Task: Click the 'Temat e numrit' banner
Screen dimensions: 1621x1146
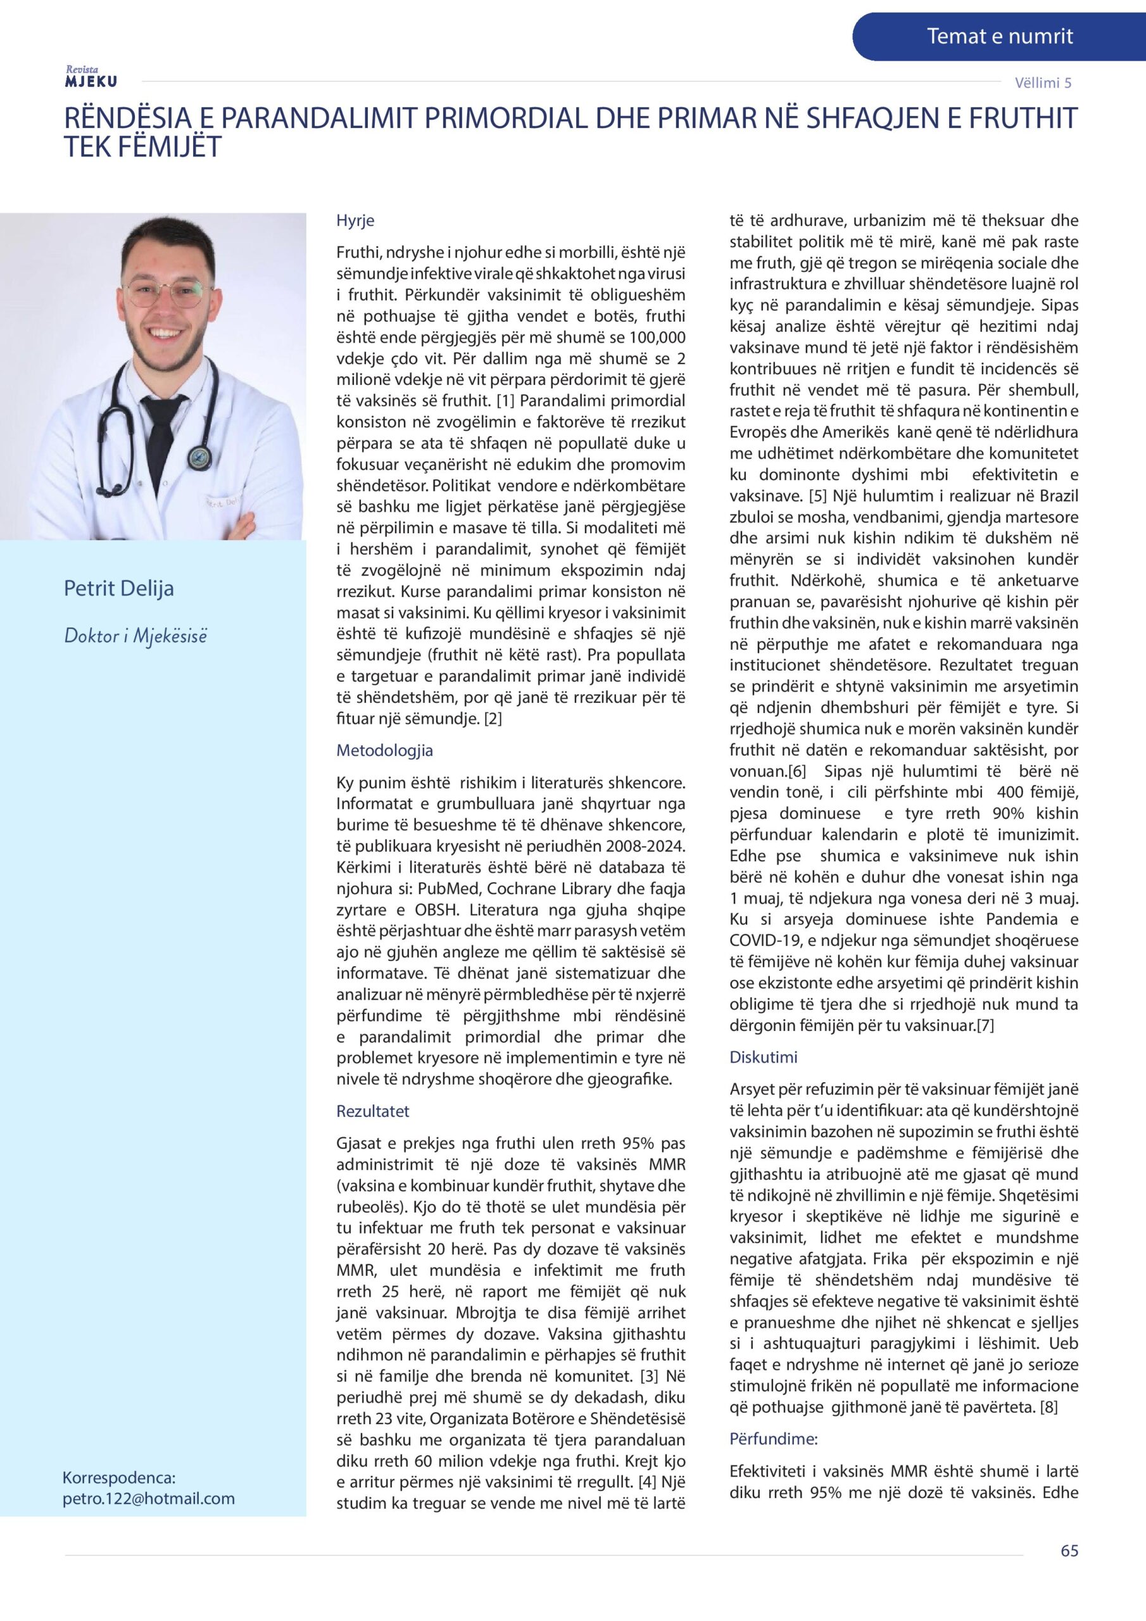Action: point(999,37)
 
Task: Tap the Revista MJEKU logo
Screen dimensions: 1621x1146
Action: point(91,77)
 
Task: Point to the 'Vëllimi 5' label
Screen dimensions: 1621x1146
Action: point(1043,82)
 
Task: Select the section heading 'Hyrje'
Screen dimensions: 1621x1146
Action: point(355,220)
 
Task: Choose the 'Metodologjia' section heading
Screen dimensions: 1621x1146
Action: point(384,750)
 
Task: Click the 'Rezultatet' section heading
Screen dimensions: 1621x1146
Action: point(373,1111)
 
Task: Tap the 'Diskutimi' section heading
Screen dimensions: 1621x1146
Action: point(764,1057)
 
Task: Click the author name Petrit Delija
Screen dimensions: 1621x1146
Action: point(118,588)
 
